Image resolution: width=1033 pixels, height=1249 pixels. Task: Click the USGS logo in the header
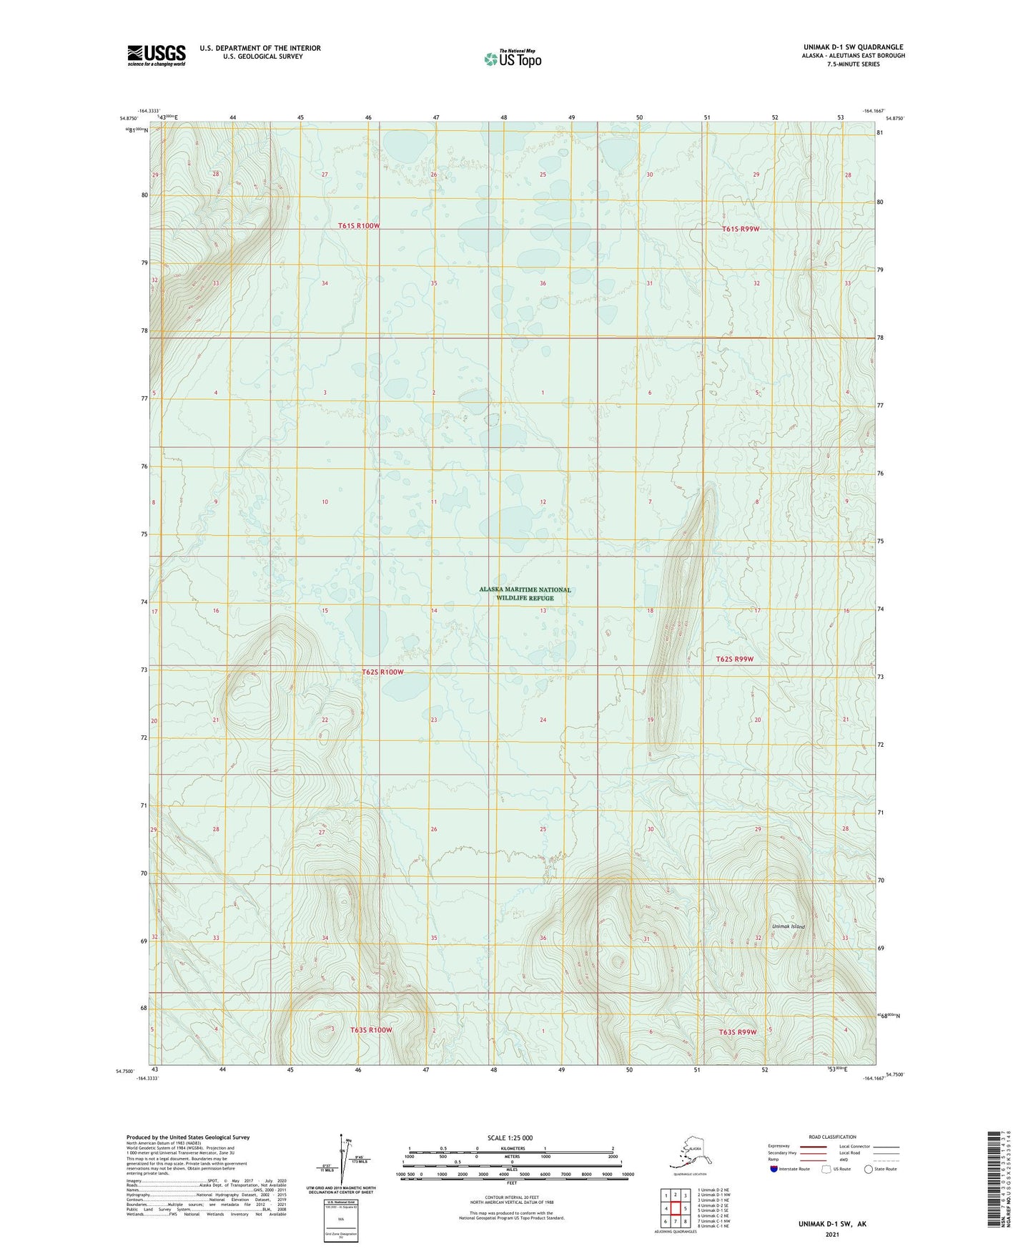[156, 55]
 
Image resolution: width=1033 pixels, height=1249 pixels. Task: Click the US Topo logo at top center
[512, 59]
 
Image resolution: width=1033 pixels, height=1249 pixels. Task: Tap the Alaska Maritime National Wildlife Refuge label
[525, 594]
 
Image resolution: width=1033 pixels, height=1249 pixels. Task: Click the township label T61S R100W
[359, 226]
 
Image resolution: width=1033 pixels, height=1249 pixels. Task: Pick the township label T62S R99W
[734, 659]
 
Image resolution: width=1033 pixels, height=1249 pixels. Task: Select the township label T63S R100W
[371, 1030]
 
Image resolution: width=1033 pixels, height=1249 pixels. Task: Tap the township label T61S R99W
[740, 229]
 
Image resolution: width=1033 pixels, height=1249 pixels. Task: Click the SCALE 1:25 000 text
[510, 1137]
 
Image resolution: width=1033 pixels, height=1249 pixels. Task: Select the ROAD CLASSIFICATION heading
[832, 1137]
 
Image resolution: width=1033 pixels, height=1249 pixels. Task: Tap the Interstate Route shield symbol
[774, 1169]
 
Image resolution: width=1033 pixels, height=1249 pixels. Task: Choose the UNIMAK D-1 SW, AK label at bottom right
[832, 1224]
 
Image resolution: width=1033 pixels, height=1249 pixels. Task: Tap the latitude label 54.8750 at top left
[129, 119]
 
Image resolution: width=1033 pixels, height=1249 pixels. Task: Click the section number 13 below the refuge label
[543, 610]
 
